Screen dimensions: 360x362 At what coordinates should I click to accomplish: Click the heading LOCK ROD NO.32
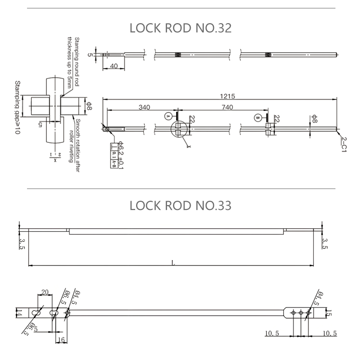point(181,28)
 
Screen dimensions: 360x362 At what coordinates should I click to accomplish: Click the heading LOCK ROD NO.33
point(181,205)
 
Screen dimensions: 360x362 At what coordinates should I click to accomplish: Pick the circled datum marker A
point(168,116)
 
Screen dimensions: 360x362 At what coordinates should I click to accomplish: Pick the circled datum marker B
point(258,116)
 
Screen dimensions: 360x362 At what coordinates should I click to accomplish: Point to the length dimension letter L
point(173,263)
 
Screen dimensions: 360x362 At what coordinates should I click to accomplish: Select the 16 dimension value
point(61,340)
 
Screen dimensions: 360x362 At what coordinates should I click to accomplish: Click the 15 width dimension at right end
point(329,313)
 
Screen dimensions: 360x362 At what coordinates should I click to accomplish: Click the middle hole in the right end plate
point(301,313)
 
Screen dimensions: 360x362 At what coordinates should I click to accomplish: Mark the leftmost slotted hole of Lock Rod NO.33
point(35,314)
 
